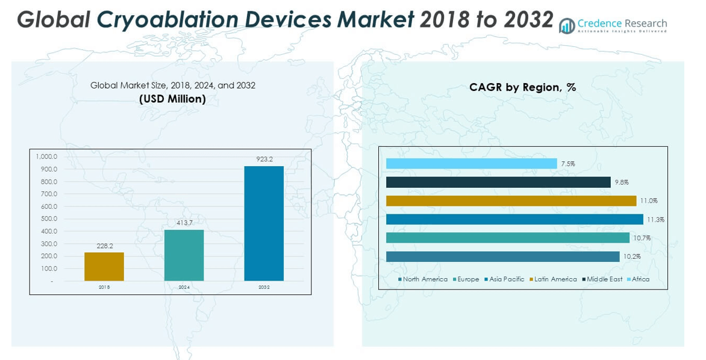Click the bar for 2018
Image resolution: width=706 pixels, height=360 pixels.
tap(104, 267)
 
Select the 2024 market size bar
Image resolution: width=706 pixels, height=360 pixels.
tap(184, 255)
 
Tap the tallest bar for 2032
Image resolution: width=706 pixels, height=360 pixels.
tap(264, 223)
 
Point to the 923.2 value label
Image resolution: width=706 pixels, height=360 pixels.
tap(264, 160)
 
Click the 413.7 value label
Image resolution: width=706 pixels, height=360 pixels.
tap(184, 223)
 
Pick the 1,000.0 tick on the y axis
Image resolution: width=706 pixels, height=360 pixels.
tap(46, 157)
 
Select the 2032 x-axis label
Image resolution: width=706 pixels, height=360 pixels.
tap(264, 287)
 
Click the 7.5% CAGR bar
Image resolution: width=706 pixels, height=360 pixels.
tap(471, 163)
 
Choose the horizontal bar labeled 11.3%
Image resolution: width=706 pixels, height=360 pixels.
tap(514, 219)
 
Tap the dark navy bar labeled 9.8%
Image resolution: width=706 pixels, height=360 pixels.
tap(498, 182)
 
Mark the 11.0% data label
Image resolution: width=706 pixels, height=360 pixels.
tap(649, 201)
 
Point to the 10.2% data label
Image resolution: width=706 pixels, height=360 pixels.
tap(632, 257)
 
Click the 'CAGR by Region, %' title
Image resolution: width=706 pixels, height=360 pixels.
tap(522, 87)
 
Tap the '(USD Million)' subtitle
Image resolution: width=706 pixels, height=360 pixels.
tap(172, 99)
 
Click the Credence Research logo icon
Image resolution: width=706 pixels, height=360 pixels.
tap(566, 26)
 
